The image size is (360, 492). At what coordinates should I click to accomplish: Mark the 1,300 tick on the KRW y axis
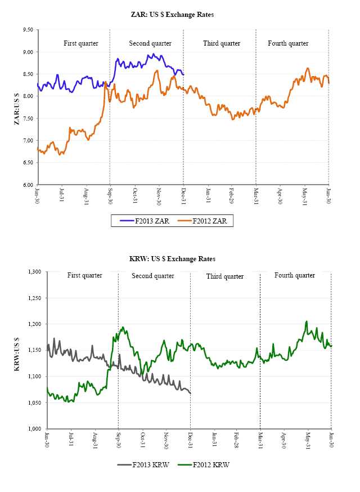click(34, 272)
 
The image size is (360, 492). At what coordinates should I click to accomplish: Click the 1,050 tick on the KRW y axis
click(34, 403)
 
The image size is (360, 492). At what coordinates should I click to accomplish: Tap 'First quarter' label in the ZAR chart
click(80, 43)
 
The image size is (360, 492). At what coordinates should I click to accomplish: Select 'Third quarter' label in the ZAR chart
click(221, 43)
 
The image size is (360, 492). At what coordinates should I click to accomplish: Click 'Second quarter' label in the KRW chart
click(152, 276)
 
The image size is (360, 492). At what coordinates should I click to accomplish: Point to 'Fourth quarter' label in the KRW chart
click(295, 275)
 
